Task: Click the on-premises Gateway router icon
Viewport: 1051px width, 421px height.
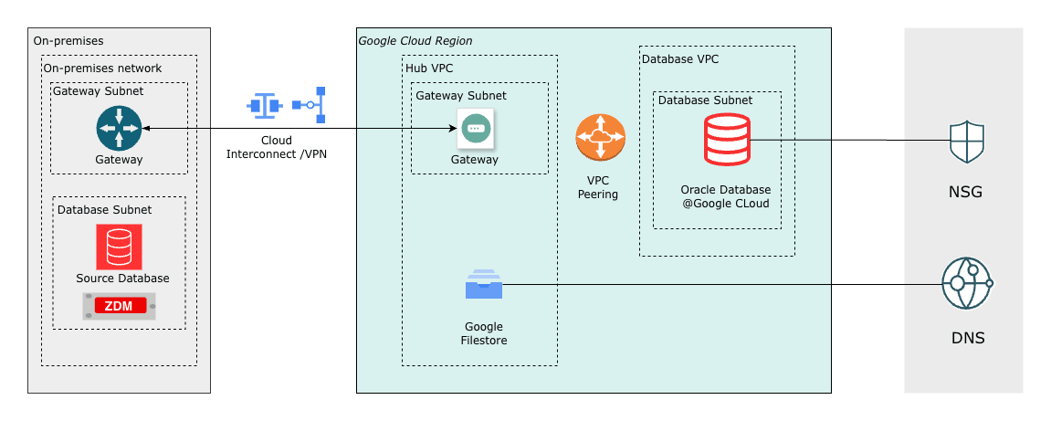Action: click(x=119, y=129)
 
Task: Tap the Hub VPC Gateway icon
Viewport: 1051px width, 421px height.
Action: click(x=475, y=129)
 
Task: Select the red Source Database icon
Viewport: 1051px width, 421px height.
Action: click(x=119, y=247)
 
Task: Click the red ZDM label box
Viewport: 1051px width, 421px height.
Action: click(x=120, y=306)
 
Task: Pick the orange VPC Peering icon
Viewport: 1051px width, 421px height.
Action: click(x=600, y=138)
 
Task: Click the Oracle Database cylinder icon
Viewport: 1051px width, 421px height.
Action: click(x=727, y=140)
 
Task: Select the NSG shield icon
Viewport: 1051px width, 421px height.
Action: click(x=966, y=142)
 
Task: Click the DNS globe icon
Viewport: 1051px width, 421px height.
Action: click(x=966, y=284)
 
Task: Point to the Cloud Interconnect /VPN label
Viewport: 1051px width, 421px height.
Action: click(x=276, y=147)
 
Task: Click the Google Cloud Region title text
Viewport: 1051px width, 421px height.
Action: click(x=415, y=41)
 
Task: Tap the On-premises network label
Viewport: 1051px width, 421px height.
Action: click(x=102, y=68)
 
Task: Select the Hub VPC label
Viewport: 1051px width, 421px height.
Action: click(x=429, y=68)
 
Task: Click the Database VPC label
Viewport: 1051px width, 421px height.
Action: click(x=680, y=58)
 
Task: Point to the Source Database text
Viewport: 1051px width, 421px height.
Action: click(x=122, y=278)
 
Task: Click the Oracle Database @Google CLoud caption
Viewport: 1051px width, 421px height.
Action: click(x=725, y=196)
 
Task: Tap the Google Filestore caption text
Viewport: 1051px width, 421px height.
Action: click(x=484, y=333)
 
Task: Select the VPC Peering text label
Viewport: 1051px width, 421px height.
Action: click(x=598, y=187)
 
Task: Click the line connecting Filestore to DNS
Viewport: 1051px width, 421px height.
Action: click(x=721, y=284)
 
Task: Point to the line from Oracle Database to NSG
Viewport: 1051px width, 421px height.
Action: click(x=849, y=141)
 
